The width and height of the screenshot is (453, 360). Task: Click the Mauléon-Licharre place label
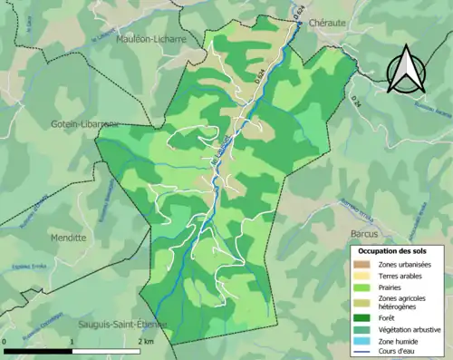(151, 40)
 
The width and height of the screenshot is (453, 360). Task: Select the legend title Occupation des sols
(395, 249)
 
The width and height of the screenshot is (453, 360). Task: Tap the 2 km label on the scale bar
(146, 341)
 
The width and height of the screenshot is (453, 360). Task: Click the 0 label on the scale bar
(5, 341)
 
